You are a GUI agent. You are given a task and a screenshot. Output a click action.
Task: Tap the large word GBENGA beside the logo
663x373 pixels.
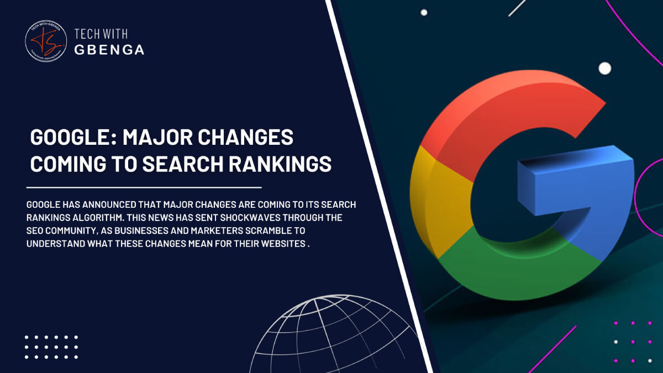[109, 50]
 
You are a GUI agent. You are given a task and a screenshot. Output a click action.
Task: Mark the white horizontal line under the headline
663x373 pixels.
[144, 188]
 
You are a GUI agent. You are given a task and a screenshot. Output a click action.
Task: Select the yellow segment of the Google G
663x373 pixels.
[436, 199]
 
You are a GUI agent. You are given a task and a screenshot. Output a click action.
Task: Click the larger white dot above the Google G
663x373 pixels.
[605, 69]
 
